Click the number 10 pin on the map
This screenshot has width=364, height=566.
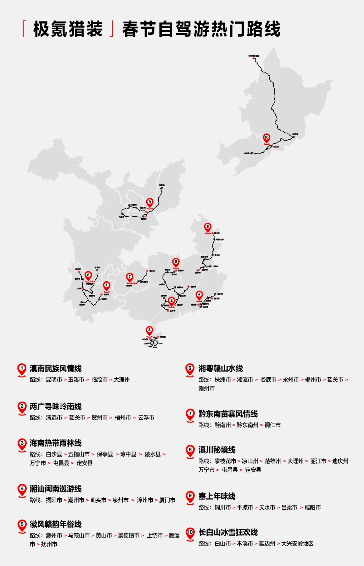coord(267,137)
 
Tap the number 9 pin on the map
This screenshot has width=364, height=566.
coord(150,202)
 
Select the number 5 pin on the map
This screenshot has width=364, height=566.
coord(208,227)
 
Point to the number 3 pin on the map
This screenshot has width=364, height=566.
coord(149,330)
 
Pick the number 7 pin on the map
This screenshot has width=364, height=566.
coord(130,277)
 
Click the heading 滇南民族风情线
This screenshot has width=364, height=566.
coord(56,369)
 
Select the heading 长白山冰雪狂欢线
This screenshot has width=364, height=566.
coord(228,532)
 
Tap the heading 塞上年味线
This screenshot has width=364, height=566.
coord(217,496)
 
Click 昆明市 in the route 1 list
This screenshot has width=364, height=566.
coord(54,380)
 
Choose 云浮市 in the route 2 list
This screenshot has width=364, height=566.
coord(146,418)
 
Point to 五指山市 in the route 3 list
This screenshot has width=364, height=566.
coord(79,454)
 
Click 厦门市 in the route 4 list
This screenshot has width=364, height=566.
coord(167,500)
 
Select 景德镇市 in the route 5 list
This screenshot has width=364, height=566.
coord(128,536)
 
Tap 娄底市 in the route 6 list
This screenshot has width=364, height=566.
coord(268,380)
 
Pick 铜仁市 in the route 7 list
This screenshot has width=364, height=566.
coord(272,425)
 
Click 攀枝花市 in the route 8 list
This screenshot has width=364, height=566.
coord(225,461)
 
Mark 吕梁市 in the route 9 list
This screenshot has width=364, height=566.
coord(289,508)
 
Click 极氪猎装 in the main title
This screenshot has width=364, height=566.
coord(68,29)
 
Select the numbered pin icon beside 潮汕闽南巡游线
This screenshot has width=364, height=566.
coord(22,490)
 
